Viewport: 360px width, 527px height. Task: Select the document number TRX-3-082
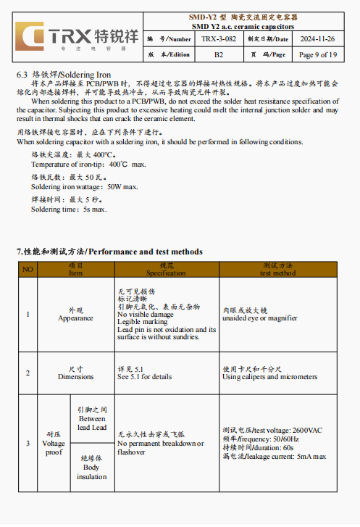217,38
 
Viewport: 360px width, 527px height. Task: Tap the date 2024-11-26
317,38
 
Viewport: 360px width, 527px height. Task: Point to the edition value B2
217,54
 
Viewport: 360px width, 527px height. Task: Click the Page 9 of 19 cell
317,54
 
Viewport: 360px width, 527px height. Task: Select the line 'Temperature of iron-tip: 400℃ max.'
88,165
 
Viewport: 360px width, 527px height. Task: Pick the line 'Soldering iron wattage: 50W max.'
84,187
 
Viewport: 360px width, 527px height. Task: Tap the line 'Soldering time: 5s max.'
69,209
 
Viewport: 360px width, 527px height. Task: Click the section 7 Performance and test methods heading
109,252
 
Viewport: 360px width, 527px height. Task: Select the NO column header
28,269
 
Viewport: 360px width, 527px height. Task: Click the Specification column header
166,270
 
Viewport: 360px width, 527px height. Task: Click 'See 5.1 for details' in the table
145,377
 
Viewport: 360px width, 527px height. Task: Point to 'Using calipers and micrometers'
269,377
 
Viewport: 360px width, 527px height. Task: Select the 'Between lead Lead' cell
92,419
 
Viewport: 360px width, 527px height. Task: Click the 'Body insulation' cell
92,468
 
